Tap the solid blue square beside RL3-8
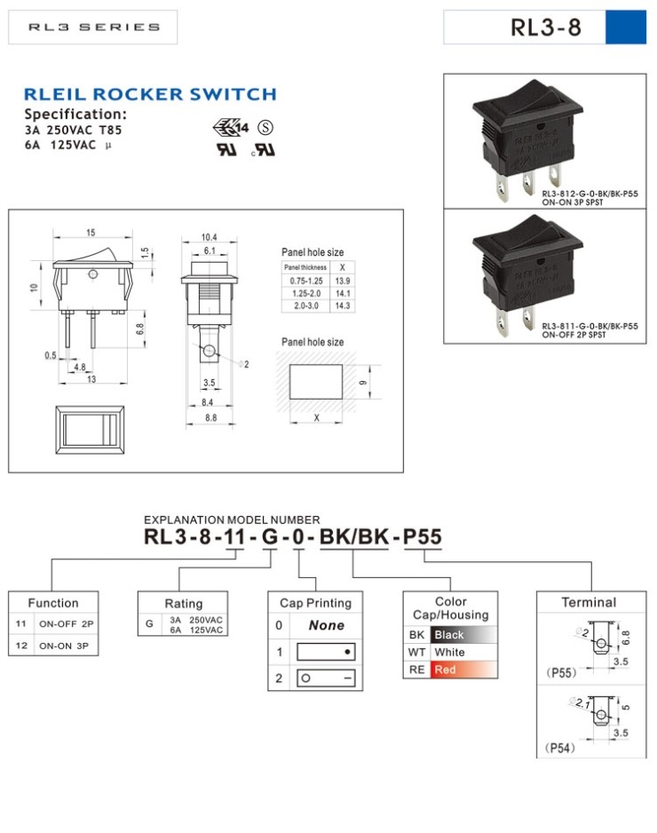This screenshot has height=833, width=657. point(625,28)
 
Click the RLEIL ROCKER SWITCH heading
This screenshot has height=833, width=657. point(150,94)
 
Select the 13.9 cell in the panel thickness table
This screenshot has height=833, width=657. point(342,280)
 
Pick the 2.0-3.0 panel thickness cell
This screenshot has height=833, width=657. point(304,305)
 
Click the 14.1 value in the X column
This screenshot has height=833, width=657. point(342,292)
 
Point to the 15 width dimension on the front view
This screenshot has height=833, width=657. point(91,233)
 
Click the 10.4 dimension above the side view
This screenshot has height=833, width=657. point(209,237)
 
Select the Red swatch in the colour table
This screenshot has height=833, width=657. point(460,670)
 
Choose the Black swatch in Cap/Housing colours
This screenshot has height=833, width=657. point(460,635)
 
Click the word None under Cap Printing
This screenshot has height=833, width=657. point(326,625)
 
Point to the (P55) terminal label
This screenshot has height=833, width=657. point(561,672)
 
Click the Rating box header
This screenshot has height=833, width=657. point(183,603)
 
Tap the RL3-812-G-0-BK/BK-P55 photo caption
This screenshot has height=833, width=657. point(590,193)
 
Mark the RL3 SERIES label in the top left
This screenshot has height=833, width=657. point(94,28)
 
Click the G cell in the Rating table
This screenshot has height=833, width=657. point(149,624)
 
